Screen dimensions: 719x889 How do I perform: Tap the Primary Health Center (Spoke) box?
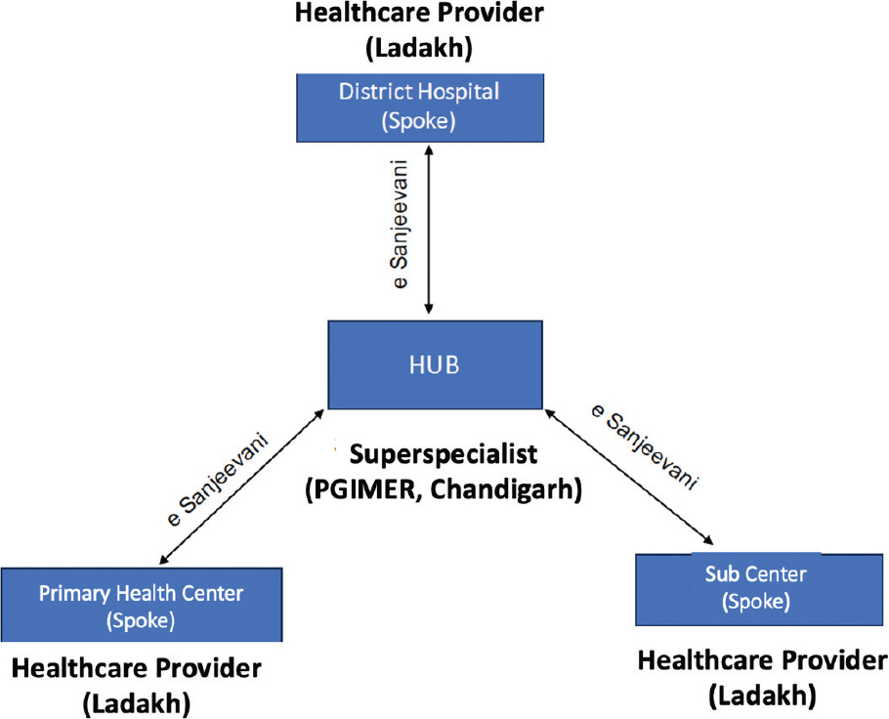click(141, 605)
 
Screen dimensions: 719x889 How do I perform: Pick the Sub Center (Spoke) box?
click(739, 588)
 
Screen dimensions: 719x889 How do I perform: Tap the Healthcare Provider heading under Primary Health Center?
click(137, 669)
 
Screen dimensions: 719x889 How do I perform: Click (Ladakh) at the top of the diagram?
click(418, 46)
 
